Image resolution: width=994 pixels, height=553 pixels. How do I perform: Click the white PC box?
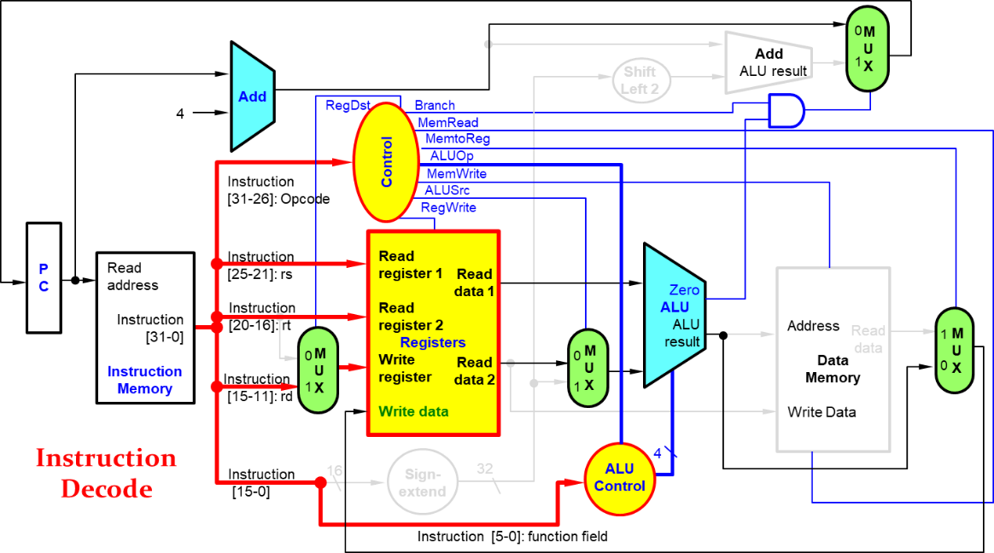44,277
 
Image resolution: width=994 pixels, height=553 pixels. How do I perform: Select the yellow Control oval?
385,161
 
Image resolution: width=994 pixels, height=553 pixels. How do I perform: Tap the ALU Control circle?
619,478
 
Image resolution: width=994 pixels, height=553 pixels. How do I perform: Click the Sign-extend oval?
423,483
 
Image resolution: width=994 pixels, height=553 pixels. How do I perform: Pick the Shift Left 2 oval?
640,80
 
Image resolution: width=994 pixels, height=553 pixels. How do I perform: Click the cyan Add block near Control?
252,96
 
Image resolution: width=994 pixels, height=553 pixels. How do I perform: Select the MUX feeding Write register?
318,370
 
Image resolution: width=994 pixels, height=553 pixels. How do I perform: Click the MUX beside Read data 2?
588,368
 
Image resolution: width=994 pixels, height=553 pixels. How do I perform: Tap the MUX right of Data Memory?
955,350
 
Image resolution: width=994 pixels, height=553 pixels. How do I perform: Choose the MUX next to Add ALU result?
867,49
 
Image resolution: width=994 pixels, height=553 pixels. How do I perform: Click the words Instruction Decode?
106,473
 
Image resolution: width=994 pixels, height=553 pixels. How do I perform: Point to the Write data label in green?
413,411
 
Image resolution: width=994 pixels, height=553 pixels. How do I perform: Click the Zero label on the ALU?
684,290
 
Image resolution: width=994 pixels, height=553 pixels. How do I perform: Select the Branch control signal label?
435,106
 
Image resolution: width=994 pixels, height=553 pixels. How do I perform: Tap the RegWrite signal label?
448,207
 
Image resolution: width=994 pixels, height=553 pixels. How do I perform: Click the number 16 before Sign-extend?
335,470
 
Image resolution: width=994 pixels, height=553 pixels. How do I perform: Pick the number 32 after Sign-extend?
484,469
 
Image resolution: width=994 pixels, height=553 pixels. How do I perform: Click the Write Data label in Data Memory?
822,412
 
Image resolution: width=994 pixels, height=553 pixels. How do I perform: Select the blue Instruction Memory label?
144,380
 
